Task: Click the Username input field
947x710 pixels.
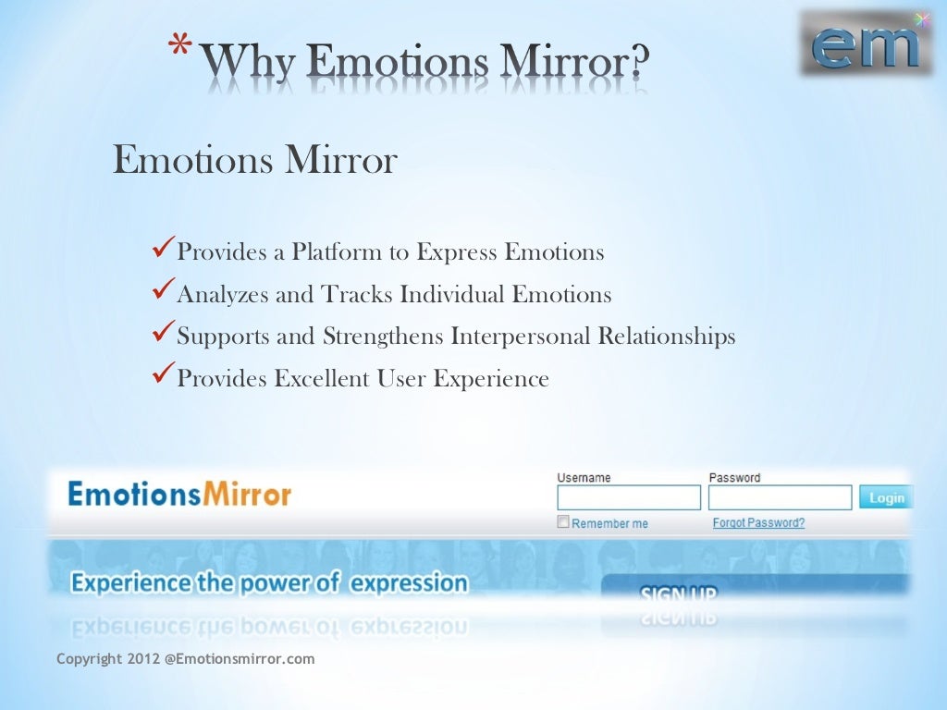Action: coord(629,498)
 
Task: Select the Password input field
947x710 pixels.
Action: coord(780,498)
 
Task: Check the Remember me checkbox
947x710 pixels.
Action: coord(563,522)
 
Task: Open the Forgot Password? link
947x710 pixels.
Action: coord(758,522)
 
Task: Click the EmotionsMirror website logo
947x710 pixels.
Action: coord(179,494)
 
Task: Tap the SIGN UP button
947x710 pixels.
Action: coord(679,594)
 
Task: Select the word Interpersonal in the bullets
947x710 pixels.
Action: coord(521,336)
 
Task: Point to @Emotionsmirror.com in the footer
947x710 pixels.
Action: coord(240,659)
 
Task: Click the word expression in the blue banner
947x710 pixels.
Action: coord(411,583)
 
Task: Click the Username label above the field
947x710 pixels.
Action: coord(584,478)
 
